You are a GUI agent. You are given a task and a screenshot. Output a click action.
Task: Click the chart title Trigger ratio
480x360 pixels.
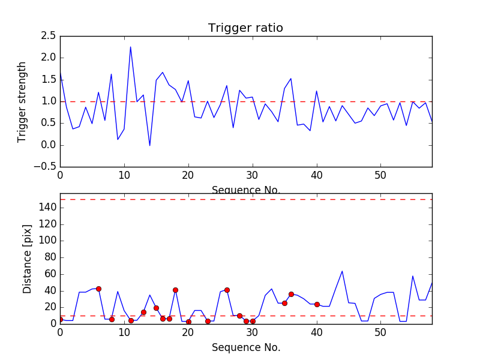pyautogui.click(x=245, y=28)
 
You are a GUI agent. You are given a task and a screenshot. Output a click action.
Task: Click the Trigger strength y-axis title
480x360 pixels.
pyautogui.click(x=22, y=101)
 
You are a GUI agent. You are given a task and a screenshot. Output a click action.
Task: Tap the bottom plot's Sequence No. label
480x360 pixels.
pyautogui.click(x=245, y=347)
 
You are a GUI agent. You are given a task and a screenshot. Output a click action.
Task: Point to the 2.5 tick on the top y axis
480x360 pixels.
pyautogui.click(x=48, y=36)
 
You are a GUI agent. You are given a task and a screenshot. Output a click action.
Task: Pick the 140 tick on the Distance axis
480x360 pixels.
pyautogui.click(x=48, y=208)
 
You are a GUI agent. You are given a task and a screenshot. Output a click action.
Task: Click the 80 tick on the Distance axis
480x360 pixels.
pyautogui.click(x=50, y=257)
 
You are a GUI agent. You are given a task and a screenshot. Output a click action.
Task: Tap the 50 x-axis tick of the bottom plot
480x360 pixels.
pyautogui.click(x=380, y=332)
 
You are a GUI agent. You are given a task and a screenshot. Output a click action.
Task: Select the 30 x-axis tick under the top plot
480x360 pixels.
pyautogui.click(x=252, y=175)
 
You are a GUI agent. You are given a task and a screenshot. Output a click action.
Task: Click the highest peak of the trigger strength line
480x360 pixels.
pyautogui.click(x=130, y=47)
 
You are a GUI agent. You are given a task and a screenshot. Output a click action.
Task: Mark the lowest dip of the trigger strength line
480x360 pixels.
pyautogui.click(x=149, y=145)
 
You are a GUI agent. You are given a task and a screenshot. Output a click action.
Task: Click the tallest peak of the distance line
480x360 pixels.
pyautogui.click(x=342, y=271)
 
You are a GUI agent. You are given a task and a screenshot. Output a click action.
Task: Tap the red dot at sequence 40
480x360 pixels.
pyautogui.click(x=317, y=304)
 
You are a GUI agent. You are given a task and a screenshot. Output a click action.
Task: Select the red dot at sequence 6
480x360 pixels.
pyautogui.click(x=98, y=289)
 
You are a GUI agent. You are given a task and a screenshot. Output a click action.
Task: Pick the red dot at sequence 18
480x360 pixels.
pyautogui.click(x=175, y=290)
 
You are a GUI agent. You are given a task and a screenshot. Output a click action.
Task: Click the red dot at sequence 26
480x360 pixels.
pyautogui.click(x=227, y=290)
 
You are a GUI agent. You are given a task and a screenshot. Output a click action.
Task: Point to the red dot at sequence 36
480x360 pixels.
pyautogui.click(x=291, y=294)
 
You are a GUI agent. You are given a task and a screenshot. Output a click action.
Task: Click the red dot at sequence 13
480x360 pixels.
pyautogui.click(x=143, y=312)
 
